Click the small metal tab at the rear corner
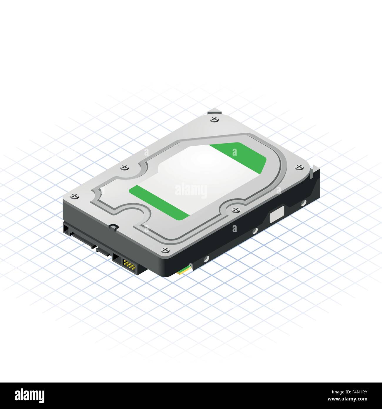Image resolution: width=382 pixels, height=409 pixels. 213,112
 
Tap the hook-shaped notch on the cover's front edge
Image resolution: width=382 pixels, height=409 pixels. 113,227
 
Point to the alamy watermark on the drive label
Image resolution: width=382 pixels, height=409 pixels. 191,190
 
